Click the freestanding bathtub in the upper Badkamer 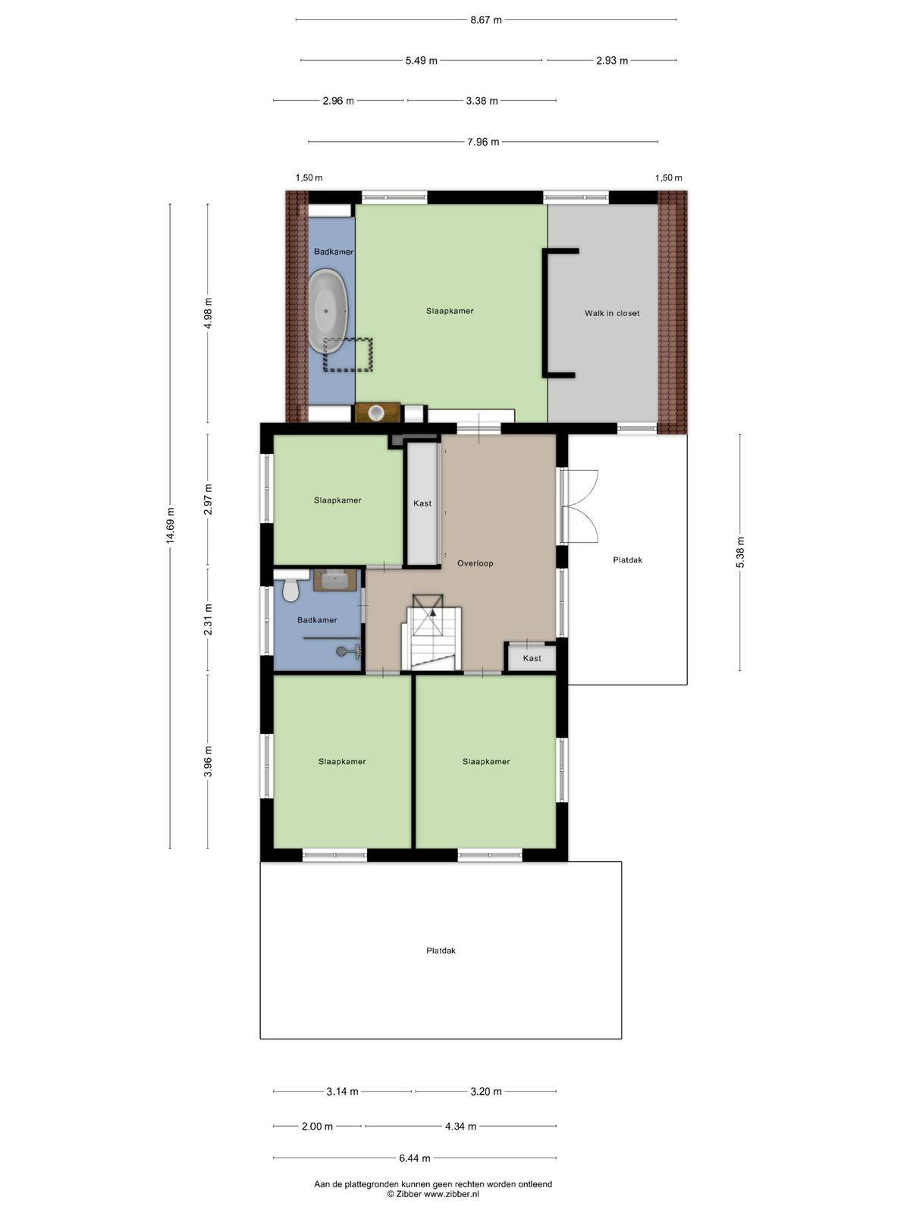[x=328, y=311]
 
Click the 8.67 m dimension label [x=485, y=20]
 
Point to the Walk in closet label [x=612, y=313]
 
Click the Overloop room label [x=475, y=564]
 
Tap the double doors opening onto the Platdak [x=579, y=506]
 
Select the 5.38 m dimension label [x=740, y=552]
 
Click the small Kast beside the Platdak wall [x=532, y=657]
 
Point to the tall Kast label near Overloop [x=422, y=503]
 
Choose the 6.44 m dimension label [x=414, y=1158]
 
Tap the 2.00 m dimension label [x=317, y=1127]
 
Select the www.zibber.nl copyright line [x=433, y=1193]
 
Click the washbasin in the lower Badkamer [x=335, y=580]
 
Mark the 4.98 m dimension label [x=209, y=313]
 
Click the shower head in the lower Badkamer [x=341, y=652]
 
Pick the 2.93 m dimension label [x=612, y=61]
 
